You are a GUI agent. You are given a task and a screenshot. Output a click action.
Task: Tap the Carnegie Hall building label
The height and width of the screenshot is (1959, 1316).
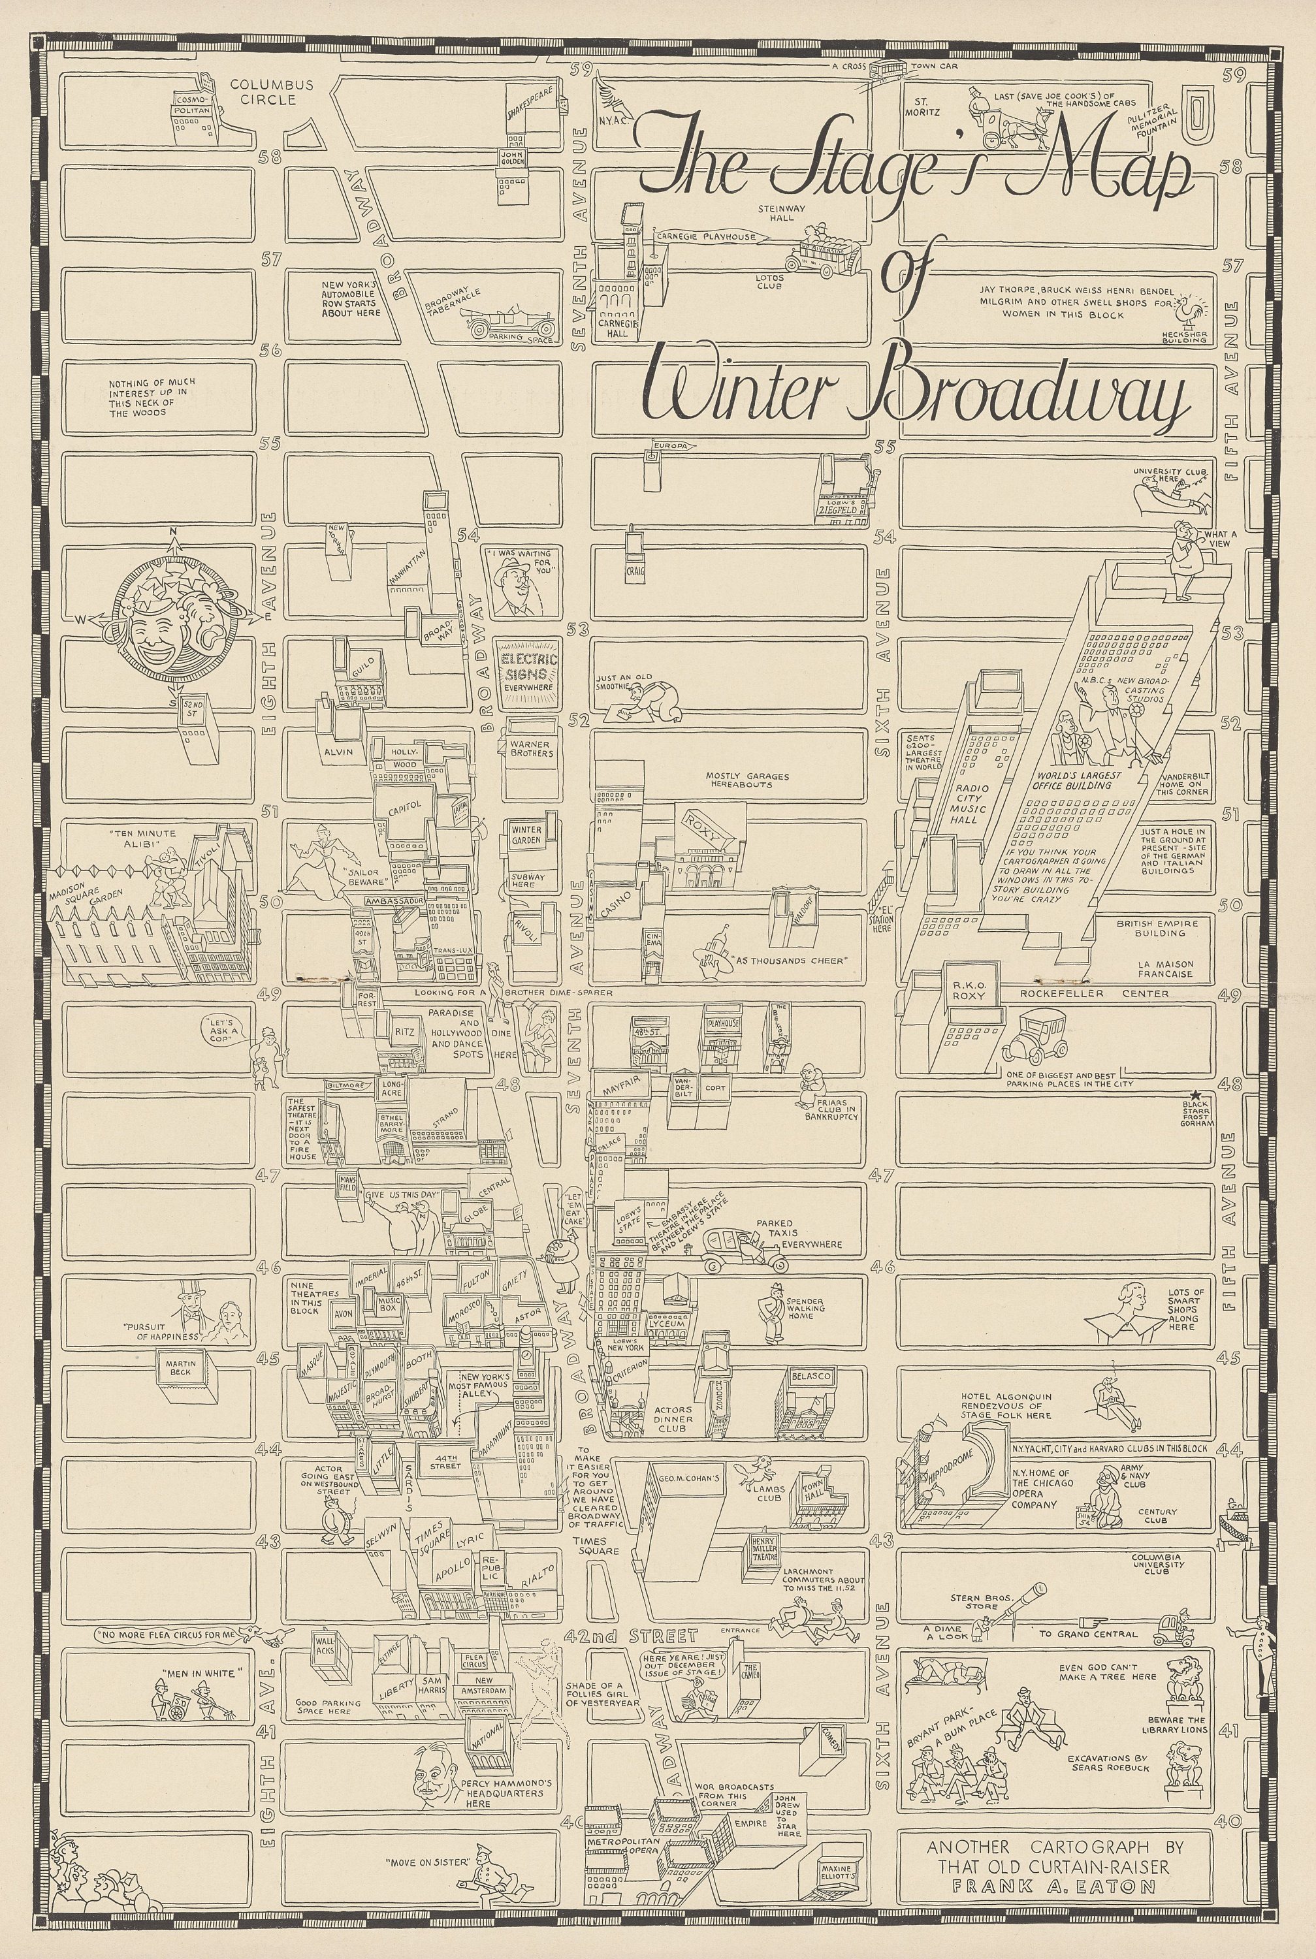[x=618, y=326]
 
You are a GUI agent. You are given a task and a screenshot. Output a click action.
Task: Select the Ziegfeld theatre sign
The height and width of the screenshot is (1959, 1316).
[x=842, y=509]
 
